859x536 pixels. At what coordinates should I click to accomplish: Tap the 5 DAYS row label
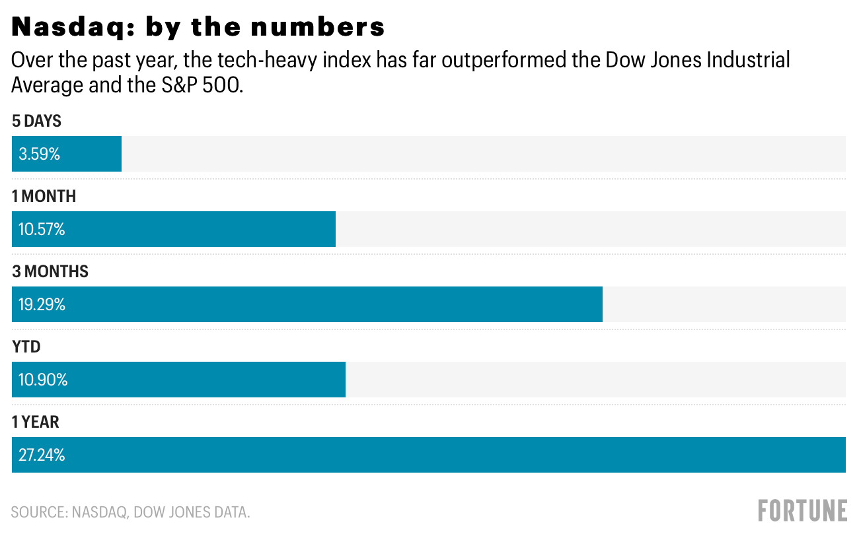click(x=36, y=121)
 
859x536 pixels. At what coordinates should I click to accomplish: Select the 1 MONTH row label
click(x=44, y=197)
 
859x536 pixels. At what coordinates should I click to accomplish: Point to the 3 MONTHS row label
click(x=50, y=272)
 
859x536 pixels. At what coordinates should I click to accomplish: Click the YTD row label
click(x=26, y=347)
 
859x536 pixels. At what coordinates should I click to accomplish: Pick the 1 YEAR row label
click(x=36, y=422)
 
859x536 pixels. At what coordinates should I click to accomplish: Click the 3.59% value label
click(x=39, y=154)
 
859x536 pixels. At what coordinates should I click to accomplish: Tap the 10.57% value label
click(x=42, y=230)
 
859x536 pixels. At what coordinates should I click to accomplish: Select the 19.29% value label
click(x=42, y=305)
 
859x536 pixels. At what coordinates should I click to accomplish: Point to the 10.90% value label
click(x=43, y=380)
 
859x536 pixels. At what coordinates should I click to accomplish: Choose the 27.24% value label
click(x=42, y=455)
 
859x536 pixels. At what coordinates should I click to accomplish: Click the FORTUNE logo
click(x=802, y=511)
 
